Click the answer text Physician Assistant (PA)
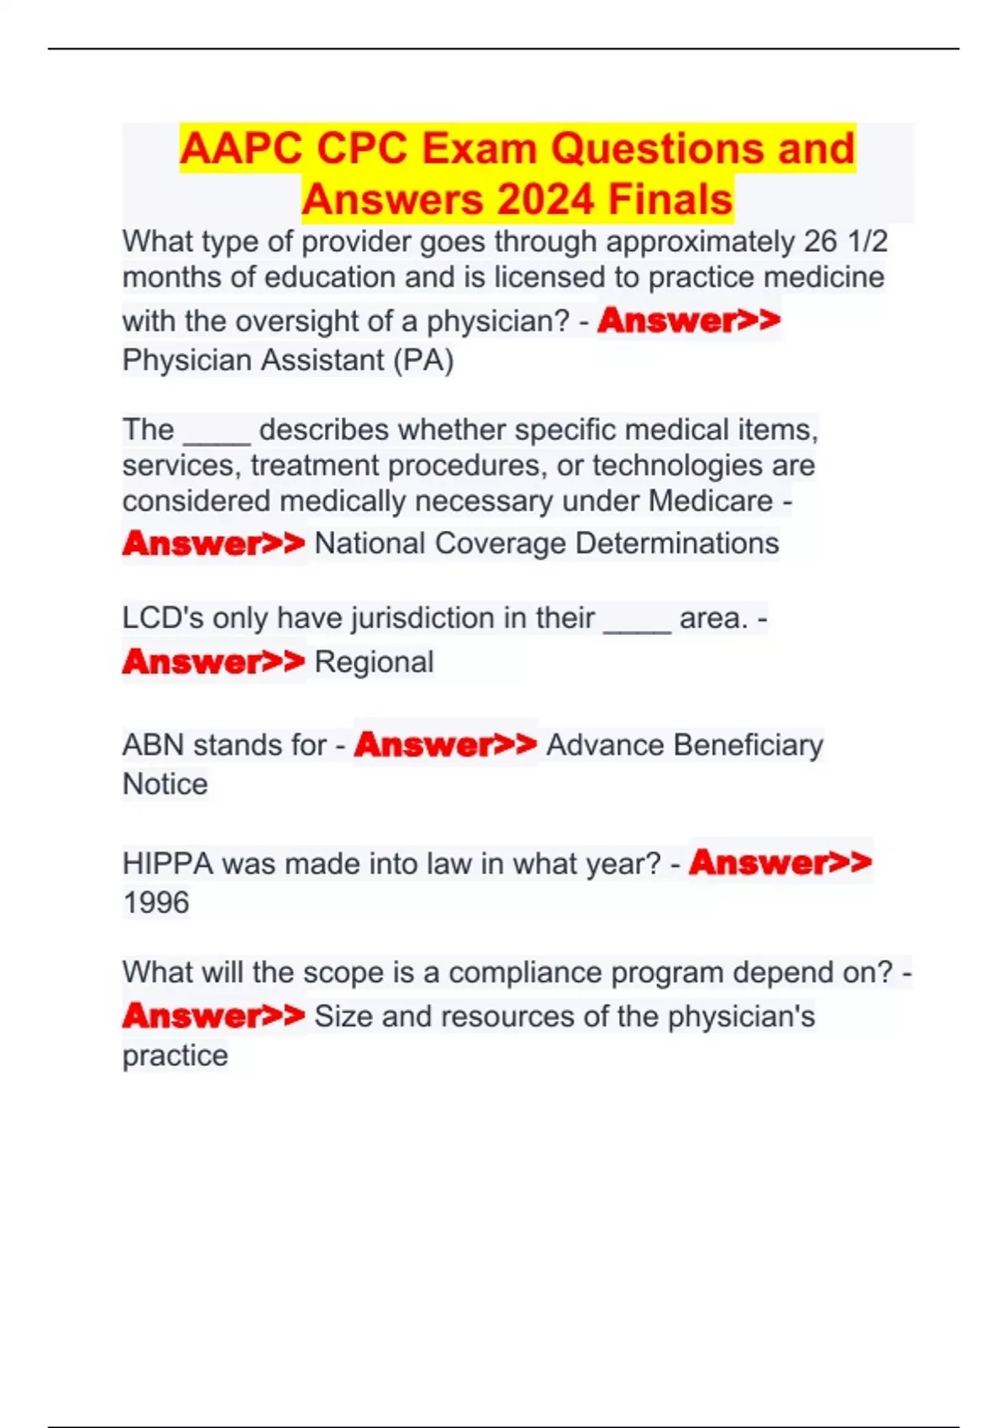point(288,360)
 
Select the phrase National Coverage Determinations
point(547,543)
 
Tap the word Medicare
point(710,501)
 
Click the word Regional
point(374,662)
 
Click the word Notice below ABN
point(165,784)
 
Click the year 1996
point(156,903)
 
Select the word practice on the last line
point(175,1056)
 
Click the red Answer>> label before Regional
point(213,662)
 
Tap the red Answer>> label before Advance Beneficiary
point(445,744)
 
